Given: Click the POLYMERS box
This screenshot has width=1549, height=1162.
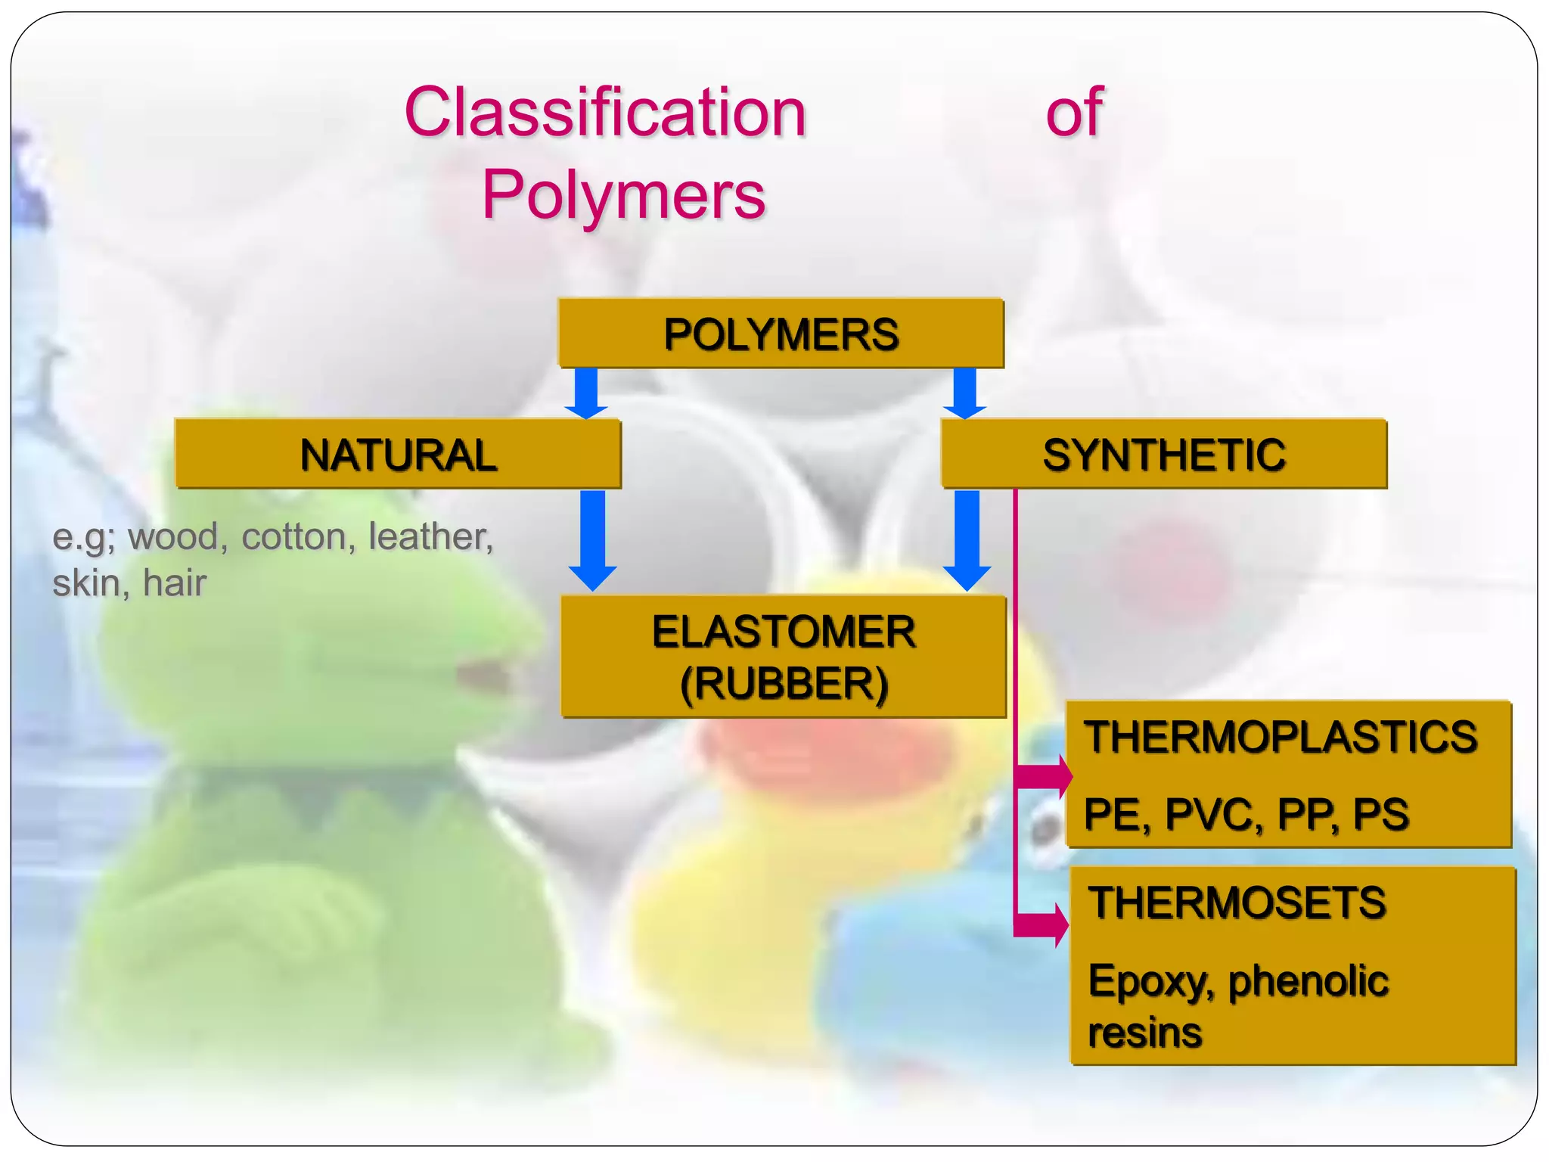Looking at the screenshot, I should [x=781, y=334].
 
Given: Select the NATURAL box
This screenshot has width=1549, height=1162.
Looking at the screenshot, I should [x=398, y=454].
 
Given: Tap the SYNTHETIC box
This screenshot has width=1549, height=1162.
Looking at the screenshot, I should [x=1163, y=454].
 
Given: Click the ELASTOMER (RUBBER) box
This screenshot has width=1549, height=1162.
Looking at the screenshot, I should [x=784, y=657].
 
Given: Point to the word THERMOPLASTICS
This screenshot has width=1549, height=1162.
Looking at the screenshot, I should [x=1280, y=737].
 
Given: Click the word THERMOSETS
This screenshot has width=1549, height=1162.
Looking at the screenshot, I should [x=1237, y=903].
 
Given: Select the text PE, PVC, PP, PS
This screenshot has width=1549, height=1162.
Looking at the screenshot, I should [x=1246, y=815].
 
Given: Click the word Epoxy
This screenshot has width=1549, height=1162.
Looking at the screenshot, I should [x=1150, y=982].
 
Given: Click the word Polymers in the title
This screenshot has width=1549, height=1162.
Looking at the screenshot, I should [x=624, y=195].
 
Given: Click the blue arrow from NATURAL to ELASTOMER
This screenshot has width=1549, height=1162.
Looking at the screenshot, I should [x=592, y=539].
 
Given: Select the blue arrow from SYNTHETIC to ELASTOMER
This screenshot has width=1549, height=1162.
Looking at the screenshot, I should [x=967, y=539].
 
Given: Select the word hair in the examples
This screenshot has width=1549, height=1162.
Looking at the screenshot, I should [x=175, y=583].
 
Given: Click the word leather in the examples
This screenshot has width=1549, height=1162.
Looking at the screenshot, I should [x=430, y=536].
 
